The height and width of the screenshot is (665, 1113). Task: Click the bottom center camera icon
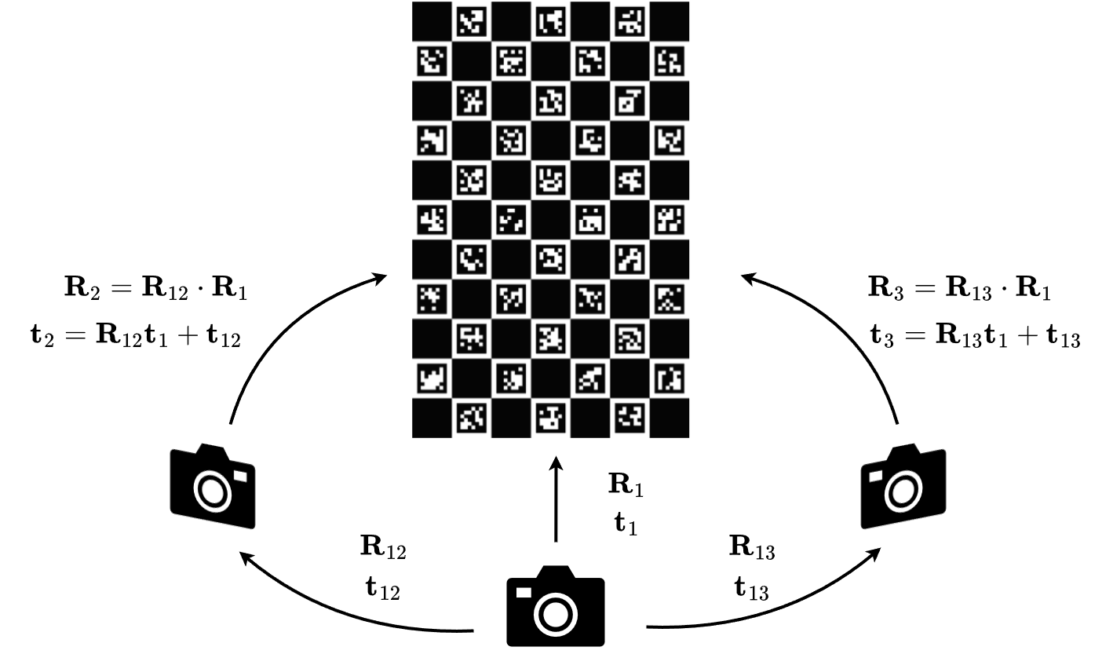pos(556,605)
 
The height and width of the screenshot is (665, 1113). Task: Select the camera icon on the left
pos(213,486)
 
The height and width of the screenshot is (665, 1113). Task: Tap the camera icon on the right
pos(903,486)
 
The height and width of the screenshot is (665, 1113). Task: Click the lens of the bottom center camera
pos(556,614)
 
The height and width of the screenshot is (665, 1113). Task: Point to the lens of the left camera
pos(213,492)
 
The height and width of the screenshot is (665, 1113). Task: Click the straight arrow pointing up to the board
pos(556,499)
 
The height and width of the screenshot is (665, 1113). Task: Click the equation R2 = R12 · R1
pos(155,289)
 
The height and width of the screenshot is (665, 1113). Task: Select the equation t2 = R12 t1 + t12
pos(136,335)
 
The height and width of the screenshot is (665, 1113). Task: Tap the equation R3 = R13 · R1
pos(959,289)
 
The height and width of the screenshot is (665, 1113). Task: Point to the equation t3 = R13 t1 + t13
pos(976,335)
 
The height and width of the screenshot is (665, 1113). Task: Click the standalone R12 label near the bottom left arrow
pos(383,547)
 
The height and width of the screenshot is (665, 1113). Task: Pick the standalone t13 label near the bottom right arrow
pos(751,588)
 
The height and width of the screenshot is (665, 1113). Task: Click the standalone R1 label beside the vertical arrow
pos(626,484)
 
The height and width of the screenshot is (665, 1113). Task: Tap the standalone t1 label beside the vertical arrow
pos(626,524)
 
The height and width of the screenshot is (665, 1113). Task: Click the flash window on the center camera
pos(524,593)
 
